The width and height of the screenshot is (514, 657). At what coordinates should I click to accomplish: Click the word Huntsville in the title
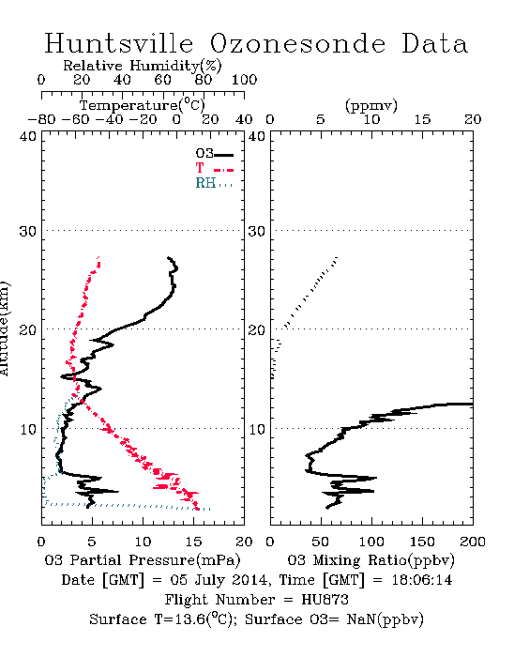tap(119, 43)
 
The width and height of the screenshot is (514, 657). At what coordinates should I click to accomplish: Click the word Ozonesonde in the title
tap(297, 43)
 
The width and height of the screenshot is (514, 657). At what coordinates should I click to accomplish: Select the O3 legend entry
tap(214, 154)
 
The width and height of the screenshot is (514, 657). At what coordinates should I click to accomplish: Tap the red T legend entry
tap(214, 168)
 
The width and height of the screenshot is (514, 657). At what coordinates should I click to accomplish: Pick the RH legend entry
tap(214, 183)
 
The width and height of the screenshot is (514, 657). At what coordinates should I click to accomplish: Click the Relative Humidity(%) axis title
tap(142, 66)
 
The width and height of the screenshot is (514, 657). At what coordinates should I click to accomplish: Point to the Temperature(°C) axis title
tap(143, 105)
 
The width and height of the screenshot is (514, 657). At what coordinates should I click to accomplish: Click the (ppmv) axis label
tap(370, 105)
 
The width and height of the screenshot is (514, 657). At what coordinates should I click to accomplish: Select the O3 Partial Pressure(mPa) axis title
tap(143, 559)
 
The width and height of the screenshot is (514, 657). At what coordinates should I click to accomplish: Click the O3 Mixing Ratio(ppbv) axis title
tap(370, 559)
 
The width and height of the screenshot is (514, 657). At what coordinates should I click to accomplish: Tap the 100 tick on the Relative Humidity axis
tap(244, 80)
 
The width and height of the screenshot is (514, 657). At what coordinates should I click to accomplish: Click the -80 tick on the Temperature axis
tap(41, 119)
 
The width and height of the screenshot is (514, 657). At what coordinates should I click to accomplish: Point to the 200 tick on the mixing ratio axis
tap(473, 542)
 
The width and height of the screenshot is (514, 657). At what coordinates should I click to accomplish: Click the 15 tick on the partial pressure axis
tap(194, 542)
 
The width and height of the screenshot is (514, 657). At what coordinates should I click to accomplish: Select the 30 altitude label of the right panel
tap(257, 231)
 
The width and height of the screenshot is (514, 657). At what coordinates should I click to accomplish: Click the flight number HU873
tap(325, 599)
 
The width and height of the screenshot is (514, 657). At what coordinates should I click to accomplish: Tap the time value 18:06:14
tap(422, 580)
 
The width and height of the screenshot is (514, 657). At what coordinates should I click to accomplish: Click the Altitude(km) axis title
tap(4, 328)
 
